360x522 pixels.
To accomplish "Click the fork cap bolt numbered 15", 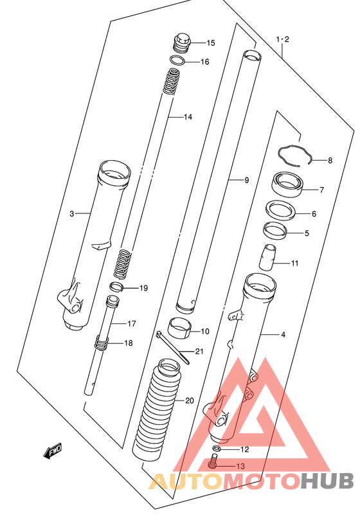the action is (x=181, y=42).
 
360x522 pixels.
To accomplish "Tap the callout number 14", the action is (x=188, y=117).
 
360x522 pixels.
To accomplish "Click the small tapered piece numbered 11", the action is (x=267, y=257).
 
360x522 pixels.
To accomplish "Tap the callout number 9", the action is (x=246, y=180).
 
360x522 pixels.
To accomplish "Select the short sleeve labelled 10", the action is (x=179, y=328).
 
